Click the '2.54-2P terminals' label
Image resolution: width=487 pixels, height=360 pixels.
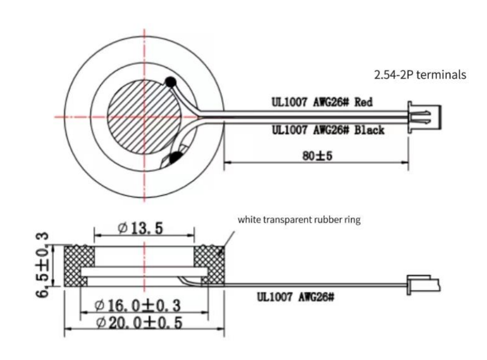point(419,74)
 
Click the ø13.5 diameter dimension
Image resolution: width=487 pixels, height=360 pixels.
point(141,228)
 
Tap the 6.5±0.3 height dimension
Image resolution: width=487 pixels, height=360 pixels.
point(43,265)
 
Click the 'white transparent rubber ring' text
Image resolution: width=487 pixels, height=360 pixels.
point(299,220)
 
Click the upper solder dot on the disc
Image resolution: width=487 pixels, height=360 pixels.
point(169,81)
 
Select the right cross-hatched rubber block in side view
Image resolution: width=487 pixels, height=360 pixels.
point(208,262)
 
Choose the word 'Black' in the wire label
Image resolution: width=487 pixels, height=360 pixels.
point(369,130)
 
